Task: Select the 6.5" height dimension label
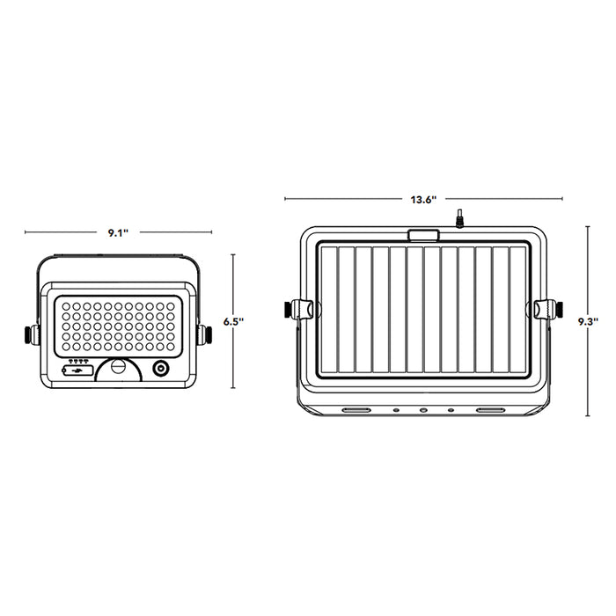point(232,322)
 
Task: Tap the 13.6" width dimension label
point(423,200)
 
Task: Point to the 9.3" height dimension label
point(589,322)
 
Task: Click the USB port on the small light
point(79,370)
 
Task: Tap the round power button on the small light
point(161,369)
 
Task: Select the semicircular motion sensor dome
point(118,368)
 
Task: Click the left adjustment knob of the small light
point(31,334)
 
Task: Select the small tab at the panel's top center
point(423,235)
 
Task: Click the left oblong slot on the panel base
point(356,410)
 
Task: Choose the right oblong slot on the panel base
point(491,410)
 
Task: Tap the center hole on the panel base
point(423,410)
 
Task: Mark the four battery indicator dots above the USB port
point(79,361)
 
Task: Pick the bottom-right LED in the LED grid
point(170,344)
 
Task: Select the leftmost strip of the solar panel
point(329,309)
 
